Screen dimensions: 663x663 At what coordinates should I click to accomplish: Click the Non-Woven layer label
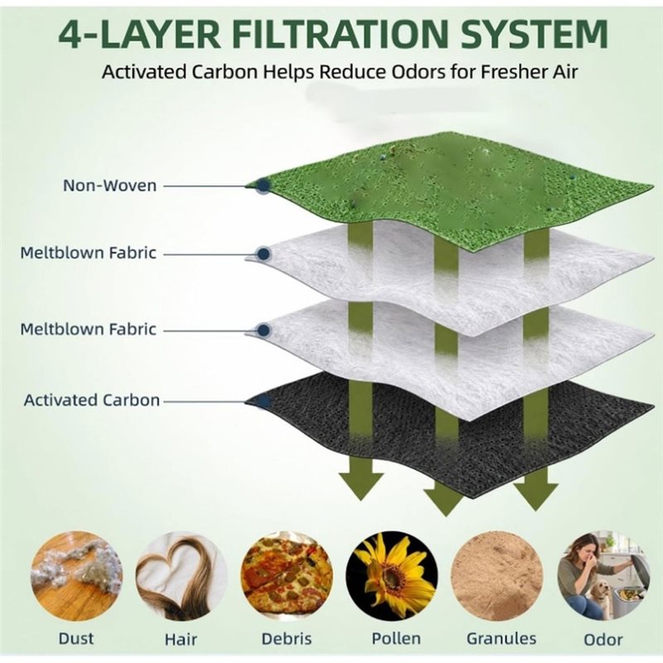pos(110,185)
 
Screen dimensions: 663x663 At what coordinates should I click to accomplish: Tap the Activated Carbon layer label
pos(92,400)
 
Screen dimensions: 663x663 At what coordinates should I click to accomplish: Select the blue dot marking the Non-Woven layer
pos(263,185)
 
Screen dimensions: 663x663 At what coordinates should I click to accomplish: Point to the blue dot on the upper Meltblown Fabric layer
pos(264,254)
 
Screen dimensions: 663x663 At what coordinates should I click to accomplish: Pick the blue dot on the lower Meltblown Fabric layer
pos(264,329)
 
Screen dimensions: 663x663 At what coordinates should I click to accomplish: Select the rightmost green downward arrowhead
pos(535,496)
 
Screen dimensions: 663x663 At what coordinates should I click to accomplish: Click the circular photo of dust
pos(76,577)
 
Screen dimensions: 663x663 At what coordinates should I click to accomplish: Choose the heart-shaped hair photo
pos(181,577)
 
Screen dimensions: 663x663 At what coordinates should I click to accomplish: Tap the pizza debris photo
pos(287,577)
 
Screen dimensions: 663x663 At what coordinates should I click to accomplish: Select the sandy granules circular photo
pos(496,577)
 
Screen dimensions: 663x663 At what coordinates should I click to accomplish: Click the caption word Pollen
pos(396,638)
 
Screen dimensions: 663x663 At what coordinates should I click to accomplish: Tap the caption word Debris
pos(287,638)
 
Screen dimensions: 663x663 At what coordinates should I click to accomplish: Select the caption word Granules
pos(501,638)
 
